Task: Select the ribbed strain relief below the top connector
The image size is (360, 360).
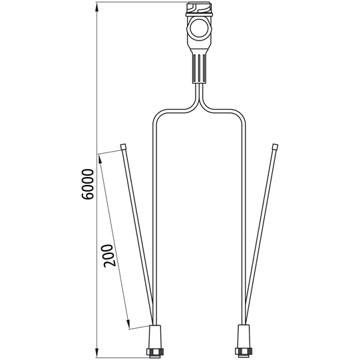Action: [198, 66]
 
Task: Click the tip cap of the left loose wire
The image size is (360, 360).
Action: [124, 146]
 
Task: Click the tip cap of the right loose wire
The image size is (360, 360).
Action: [275, 146]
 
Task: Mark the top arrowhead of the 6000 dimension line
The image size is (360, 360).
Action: [98, 7]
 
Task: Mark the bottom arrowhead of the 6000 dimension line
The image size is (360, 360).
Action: [98, 351]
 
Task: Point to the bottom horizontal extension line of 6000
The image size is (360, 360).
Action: [120, 354]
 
